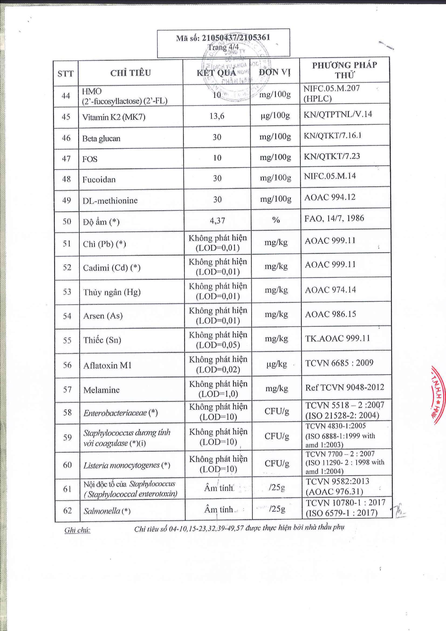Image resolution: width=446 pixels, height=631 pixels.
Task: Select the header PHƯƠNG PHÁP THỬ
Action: coord(344,70)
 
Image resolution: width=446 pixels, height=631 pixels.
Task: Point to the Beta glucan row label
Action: coord(101,138)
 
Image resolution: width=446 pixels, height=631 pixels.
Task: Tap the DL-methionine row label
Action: coord(110,200)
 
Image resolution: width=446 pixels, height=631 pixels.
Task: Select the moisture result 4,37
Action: coord(217,220)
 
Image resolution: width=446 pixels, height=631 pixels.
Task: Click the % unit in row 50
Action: coord(276,220)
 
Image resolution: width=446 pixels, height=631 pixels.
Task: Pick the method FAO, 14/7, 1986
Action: coord(334,218)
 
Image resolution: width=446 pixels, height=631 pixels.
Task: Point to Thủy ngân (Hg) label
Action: coord(112,292)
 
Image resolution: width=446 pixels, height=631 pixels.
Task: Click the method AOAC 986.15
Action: coord(330,314)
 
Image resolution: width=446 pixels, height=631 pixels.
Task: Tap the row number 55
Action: coord(67,340)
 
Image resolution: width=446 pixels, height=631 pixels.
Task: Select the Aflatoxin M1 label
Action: coord(107,365)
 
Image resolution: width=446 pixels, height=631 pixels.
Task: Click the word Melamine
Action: coord(101,390)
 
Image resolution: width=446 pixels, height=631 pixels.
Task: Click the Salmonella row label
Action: coord(107,511)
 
